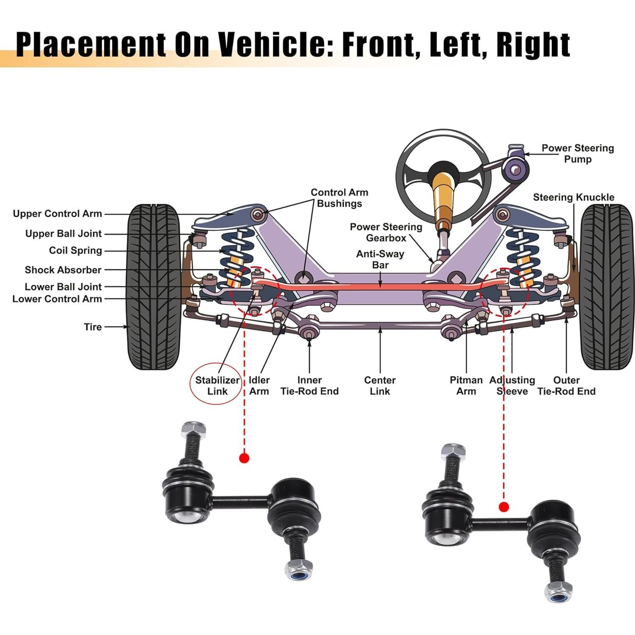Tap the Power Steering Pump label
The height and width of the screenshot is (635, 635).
coord(577,153)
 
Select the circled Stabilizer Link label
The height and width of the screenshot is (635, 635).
coord(217,385)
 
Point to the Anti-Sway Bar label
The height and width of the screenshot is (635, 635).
coord(380,259)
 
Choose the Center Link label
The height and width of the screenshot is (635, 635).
coord(380,385)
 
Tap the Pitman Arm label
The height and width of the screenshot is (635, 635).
coord(466,385)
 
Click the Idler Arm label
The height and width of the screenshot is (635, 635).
coord(259,385)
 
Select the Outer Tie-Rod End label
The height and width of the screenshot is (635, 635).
coord(566,385)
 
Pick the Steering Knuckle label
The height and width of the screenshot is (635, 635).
coord(573,197)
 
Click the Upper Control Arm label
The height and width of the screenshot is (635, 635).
coord(57,214)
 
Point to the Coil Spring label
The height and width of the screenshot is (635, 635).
coord(75,250)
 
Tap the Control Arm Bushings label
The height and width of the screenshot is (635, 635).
coord(339,198)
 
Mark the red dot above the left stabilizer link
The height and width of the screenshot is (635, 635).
coord(244,458)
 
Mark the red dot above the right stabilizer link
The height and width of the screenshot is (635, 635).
coord(504,507)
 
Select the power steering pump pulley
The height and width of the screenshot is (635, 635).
coord(514,170)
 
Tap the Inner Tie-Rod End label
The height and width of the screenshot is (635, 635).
coord(309,385)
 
